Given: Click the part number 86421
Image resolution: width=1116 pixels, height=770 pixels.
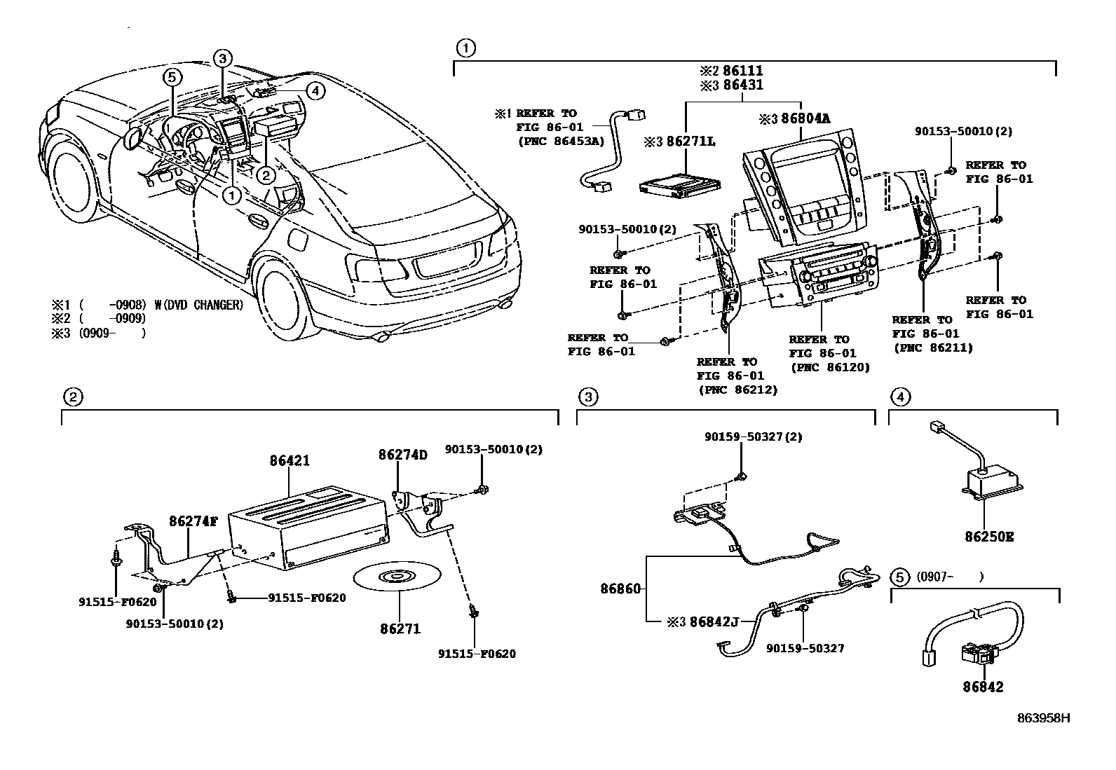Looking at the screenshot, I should (290, 461).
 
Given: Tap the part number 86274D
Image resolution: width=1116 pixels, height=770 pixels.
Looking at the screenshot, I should (402, 455).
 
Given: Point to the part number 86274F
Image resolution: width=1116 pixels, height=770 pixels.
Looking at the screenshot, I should (193, 521).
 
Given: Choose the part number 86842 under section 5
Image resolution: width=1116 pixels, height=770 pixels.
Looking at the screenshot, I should (982, 687).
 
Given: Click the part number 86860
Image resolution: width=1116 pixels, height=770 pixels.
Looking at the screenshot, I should (620, 589).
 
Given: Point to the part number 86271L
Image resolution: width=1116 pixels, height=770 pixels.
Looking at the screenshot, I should (690, 142).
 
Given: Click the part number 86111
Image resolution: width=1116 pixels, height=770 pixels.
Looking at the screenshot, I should (742, 71).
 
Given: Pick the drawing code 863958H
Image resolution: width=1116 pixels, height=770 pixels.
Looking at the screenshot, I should (1044, 718).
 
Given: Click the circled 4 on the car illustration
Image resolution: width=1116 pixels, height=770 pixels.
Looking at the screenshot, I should (315, 90).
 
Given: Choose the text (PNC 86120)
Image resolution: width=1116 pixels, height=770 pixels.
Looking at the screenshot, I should (829, 366).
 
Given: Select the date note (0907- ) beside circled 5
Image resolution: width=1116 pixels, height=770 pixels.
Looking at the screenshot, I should (950, 577).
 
